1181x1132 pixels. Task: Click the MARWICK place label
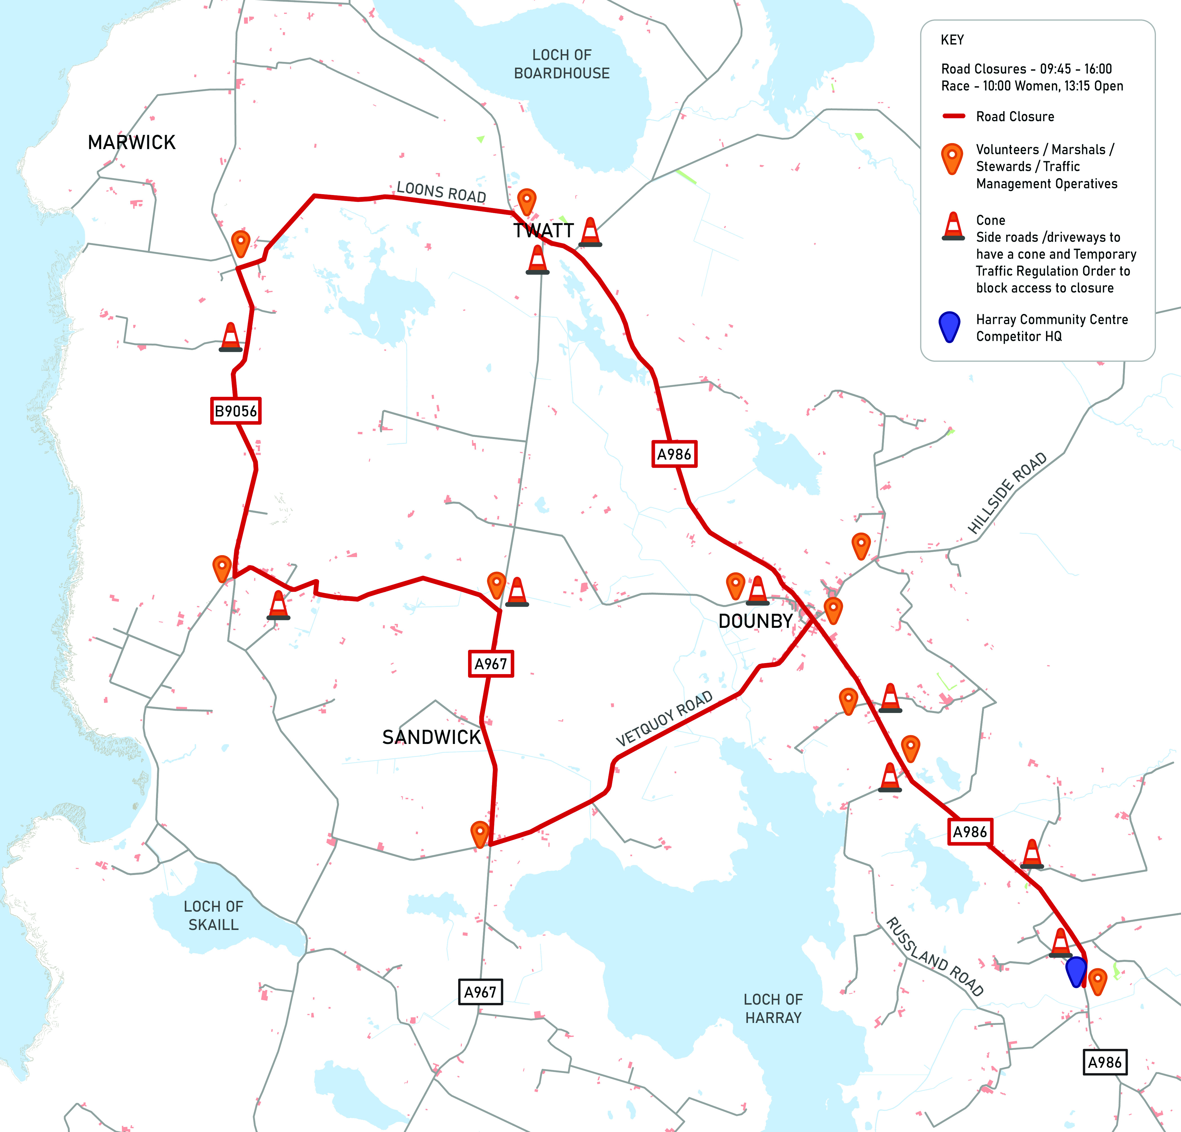click(131, 143)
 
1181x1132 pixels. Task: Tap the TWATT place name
click(544, 231)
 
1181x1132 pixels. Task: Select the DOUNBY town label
click(755, 621)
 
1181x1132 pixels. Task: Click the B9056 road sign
click(236, 411)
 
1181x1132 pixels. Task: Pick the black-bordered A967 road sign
click(480, 992)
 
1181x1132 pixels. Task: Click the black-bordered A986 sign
click(1104, 1062)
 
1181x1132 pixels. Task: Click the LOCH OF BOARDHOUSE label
click(562, 64)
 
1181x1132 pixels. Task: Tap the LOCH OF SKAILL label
click(213, 915)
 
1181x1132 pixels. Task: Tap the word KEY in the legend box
click(952, 40)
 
